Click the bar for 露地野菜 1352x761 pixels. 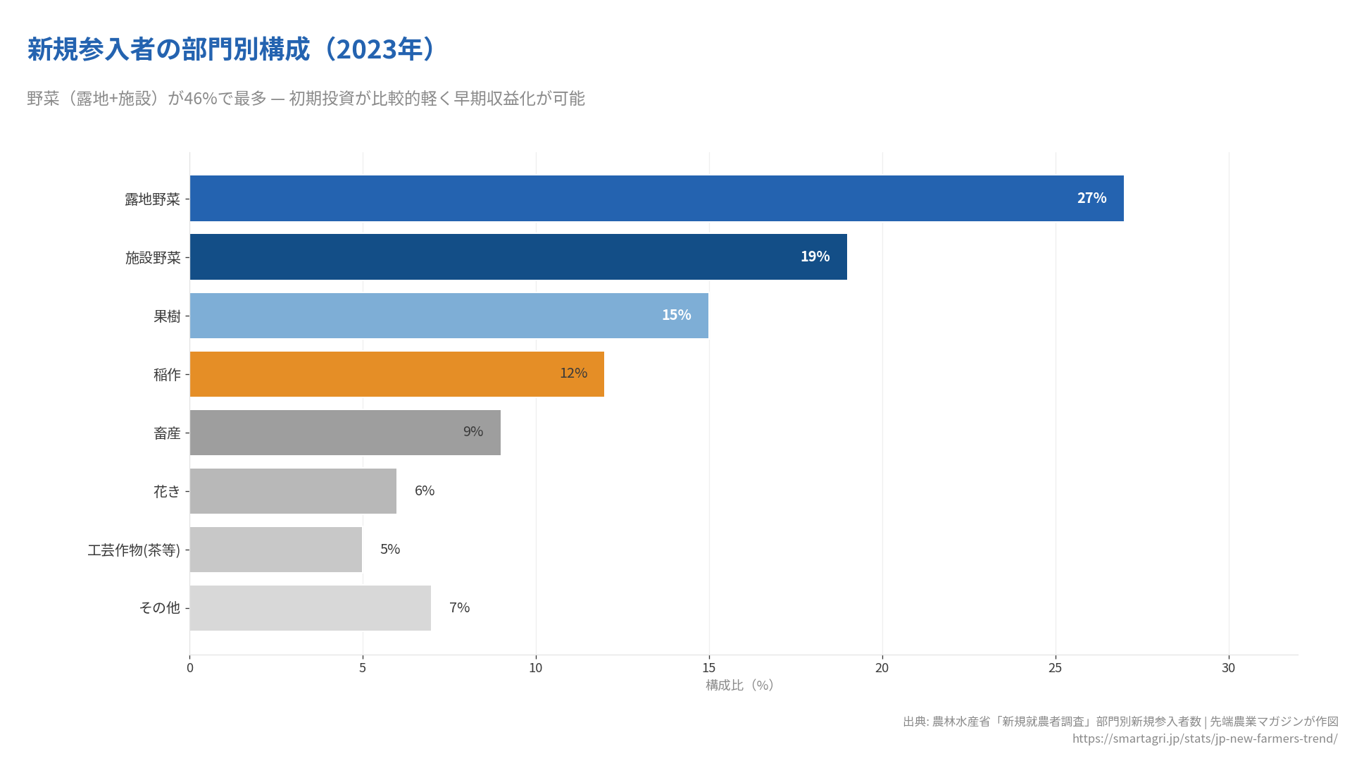coord(656,198)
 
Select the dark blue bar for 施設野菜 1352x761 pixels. coord(518,256)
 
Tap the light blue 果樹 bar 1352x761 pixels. coord(449,315)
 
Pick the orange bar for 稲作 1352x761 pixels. coord(397,373)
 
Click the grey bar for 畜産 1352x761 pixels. coord(345,432)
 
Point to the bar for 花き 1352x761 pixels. coord(293,490)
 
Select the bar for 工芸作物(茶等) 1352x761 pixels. coord(276,549)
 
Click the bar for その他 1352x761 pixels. coord(311,607)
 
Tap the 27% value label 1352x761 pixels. coord(1091,198)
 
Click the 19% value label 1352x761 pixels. coord(815,256)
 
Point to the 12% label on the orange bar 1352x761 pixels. coord(573,373)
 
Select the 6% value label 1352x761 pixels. coord(425,490)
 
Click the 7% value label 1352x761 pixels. coord(459,607)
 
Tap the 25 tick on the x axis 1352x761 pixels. coord(1055,668)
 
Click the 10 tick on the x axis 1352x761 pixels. coord(536,668)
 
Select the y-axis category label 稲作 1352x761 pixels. coord(167,375)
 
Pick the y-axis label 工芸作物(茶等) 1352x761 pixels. coord(134,550)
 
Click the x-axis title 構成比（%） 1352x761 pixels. coord(739,686)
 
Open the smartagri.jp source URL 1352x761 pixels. coord(1204,738)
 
